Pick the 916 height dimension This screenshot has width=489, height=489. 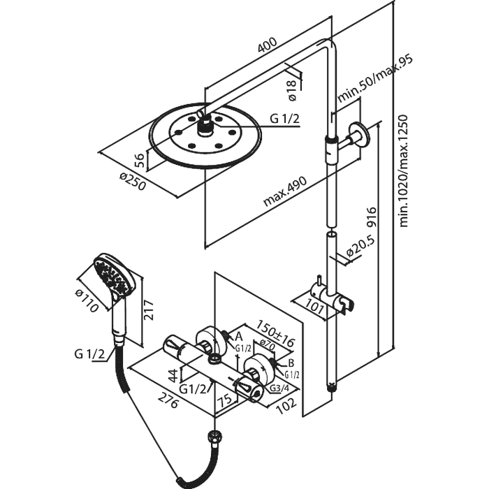coord(371,222)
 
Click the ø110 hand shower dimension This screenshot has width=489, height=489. coord(89,300)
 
